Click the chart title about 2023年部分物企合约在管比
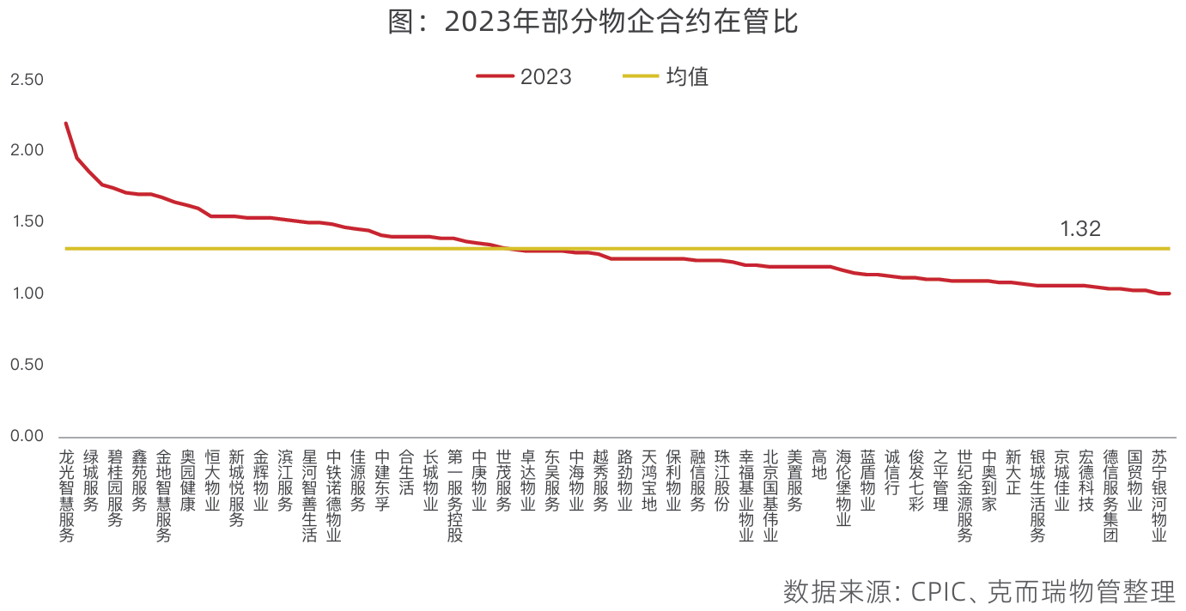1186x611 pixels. coord(593,22)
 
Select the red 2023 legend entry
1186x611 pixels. coord(524,76)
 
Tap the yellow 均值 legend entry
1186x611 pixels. coord(666,76)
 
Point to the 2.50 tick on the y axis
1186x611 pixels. coord(26,80)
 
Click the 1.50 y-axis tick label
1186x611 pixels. coord(26,222)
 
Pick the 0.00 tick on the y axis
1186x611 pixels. coord(26,436)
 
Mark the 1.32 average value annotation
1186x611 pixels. coord(1080,229)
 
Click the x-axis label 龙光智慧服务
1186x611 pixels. coord(66,495)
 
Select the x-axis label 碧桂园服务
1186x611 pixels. coord(115,487)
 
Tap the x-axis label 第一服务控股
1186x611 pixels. coord(455,495)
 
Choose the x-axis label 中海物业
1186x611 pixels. coord(577,480)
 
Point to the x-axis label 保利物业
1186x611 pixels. coord(674,480)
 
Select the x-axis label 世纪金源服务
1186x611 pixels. coord(965,495)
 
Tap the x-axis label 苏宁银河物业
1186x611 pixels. coord(1159,495)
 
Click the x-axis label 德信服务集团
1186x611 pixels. coord(1111,495)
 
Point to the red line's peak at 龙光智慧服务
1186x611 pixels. coord(66,124)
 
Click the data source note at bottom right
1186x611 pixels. coord(978,592)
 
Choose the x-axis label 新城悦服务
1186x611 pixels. coord(236,487)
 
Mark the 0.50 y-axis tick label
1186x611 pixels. coord(26,365)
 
